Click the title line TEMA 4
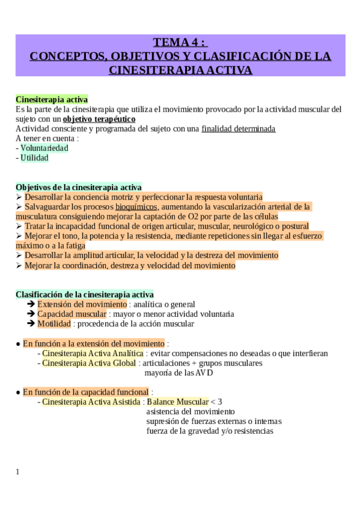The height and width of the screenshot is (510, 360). (180, 42)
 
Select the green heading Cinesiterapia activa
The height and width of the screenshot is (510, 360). (52, 99)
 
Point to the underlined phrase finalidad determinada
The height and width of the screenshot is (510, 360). (239, 129)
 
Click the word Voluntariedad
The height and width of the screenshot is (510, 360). (44, 148)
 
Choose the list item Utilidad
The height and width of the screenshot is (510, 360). (34, 158)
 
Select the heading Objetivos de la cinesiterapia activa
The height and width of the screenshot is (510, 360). (78, 187)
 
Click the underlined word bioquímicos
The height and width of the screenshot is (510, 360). (136, 206)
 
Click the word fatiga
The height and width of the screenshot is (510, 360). (73, 245)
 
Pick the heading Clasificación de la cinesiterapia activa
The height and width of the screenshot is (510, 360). (84, 295)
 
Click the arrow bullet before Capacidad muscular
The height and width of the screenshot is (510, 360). (31, 314)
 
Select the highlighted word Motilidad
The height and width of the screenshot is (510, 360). (54, 324)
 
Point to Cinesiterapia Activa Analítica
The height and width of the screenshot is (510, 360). (93, 353)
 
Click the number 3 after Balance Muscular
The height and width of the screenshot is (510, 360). (219, 402)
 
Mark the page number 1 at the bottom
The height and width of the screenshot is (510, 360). (17, 472)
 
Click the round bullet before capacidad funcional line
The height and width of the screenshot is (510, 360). (18, 392)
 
